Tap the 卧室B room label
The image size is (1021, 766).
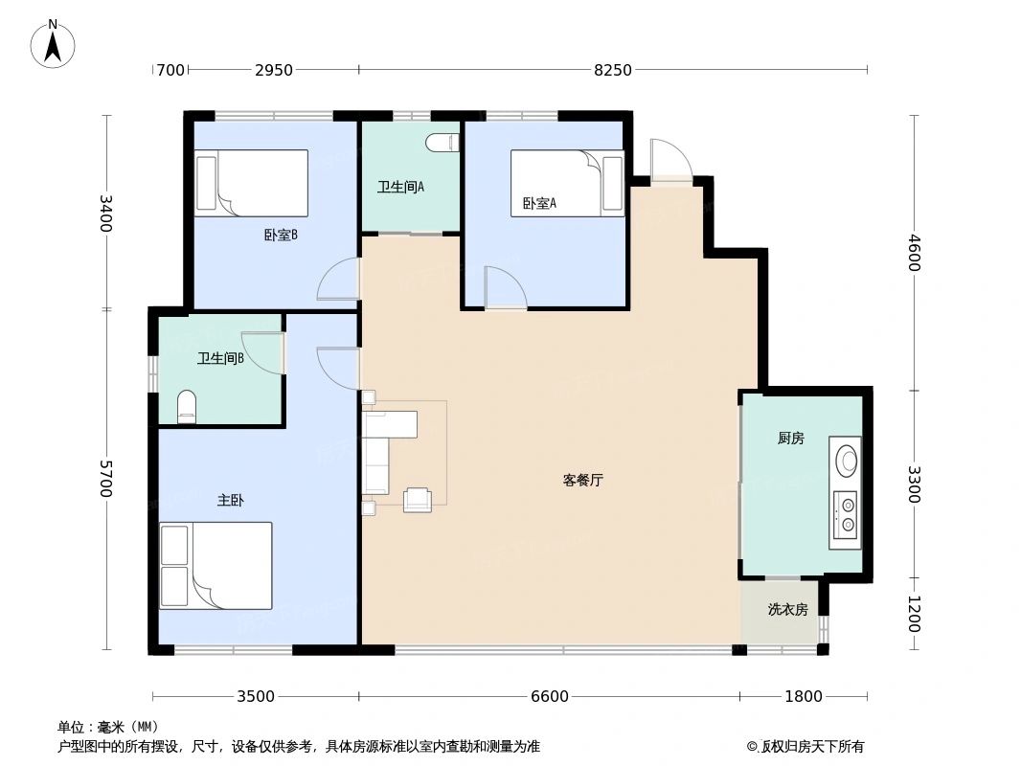tap(281, 235)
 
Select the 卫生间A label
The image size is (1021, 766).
tap(400, 188)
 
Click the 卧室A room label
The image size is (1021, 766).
tap(539, 203)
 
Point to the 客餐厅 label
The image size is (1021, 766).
tap(582, 481)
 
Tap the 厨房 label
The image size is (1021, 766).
tap(790, 439)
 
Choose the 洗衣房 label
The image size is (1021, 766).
tap(787, 609)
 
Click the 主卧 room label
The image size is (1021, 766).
tap(231, 500)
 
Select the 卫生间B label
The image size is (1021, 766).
tap(220, 359)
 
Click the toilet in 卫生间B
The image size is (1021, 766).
tap(187, 407)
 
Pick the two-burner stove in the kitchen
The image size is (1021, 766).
tap(846, 515)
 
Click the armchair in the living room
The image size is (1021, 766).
tap(418, 500)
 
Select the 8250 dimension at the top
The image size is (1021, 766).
tap(613, 70)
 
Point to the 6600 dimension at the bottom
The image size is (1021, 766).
tap(549, 696)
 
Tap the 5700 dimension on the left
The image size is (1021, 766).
tap(105, 478)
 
